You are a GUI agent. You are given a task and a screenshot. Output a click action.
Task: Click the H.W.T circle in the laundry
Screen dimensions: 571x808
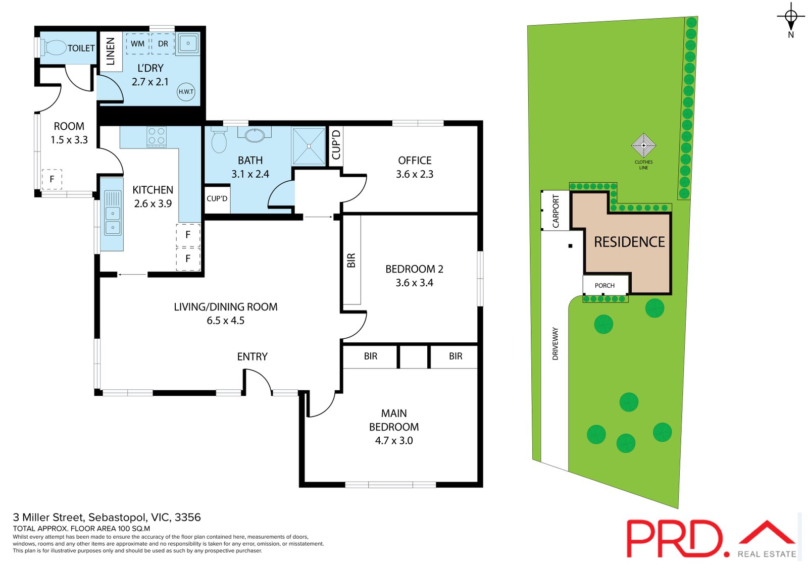[186, 91]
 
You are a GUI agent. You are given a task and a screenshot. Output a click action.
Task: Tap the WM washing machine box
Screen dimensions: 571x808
[137, 44]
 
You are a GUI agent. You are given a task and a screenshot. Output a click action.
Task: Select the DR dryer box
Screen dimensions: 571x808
[163, 44]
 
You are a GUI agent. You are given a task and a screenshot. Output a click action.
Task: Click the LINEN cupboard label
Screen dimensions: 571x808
[111, 51]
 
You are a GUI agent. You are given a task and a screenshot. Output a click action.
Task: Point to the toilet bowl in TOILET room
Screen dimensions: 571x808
[55, 48]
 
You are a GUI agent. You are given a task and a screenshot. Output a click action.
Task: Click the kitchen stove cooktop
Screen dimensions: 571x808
[157, 136]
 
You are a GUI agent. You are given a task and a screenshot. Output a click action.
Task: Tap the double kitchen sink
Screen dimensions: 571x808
[112, 213]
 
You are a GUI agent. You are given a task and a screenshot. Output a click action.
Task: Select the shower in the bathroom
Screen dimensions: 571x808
[308, 146]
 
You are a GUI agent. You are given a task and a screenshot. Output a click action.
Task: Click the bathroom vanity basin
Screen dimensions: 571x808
[255, 135]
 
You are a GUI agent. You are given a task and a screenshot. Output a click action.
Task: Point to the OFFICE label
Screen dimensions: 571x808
[415, 161]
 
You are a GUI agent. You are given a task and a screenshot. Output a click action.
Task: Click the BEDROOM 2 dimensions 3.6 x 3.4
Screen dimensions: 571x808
[414, 283]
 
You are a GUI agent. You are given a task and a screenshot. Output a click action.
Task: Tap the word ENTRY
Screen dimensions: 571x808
[252, 356]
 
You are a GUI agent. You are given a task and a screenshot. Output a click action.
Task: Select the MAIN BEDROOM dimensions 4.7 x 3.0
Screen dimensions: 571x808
[393, 440]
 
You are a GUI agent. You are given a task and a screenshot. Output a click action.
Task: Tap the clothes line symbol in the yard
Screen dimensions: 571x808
[643, 145]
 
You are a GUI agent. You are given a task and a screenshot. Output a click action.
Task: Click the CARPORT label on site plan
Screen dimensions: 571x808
[555, 211]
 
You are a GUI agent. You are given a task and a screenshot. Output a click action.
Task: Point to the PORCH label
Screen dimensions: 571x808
[604, 285]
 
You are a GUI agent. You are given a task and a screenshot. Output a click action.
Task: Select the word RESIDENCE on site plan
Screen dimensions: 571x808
[629, 242]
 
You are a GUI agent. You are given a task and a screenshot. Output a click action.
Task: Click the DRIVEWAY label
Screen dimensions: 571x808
[555, 343]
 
